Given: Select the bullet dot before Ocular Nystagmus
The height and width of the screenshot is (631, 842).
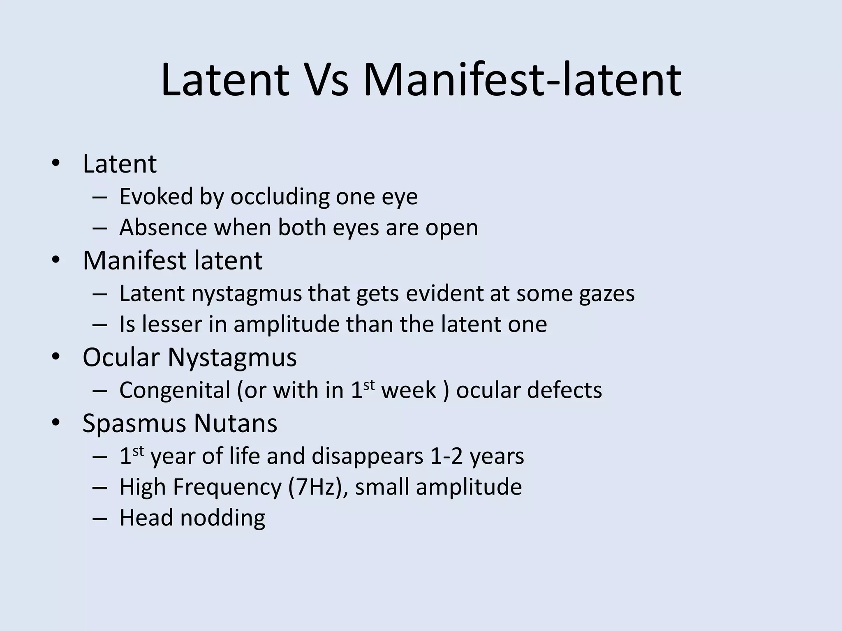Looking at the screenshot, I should [56, 357].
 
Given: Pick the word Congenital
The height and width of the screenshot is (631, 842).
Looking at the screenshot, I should [174, 390].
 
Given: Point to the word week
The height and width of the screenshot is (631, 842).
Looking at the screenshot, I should [408, 390].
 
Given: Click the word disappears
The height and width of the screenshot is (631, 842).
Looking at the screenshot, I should [367, 456].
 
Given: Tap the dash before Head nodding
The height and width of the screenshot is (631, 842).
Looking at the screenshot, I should [99, 518].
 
